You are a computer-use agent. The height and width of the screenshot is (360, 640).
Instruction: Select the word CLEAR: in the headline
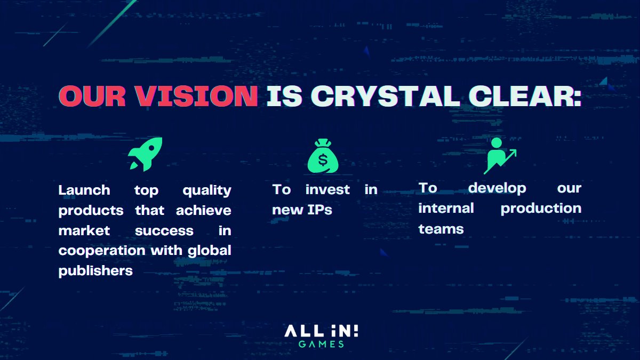519,96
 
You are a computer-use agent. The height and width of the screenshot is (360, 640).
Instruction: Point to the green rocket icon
145,154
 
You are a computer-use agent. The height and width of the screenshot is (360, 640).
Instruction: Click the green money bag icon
323,156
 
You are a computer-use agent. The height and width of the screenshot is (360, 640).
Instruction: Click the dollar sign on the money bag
323,159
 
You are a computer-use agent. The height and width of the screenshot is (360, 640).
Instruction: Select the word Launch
84,190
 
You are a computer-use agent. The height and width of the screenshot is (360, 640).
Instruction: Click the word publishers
95,271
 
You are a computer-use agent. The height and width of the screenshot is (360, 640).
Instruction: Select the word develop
497,188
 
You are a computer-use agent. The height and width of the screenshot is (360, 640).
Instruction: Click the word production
541,209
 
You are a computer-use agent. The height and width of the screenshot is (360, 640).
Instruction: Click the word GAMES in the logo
321,344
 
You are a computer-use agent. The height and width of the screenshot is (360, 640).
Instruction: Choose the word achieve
204,211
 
